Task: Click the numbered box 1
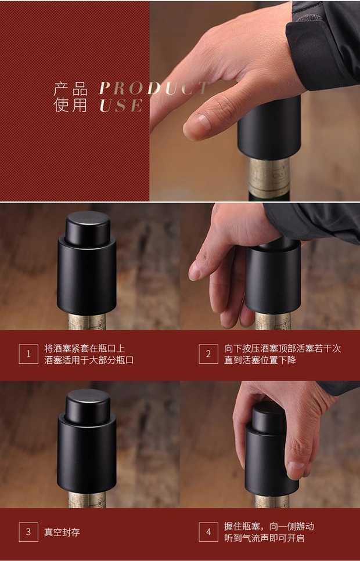tap(28, 354)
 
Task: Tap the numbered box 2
tap(208, 354)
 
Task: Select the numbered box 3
tap(28, 532)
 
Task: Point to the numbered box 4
tap(208, 532)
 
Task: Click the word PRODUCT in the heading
tap(154, 88)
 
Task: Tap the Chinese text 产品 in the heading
tap(70, 89)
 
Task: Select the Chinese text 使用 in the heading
tap(70, 106)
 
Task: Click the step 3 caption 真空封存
tap(62, 533)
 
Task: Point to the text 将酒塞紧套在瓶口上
tap(85, 348)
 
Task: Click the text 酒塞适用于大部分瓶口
tap(89, 360)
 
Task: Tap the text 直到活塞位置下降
tap(260, 360)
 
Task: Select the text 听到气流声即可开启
tap(264, 538)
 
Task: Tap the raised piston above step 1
tap(88, 223)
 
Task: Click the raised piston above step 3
tap(88, 401)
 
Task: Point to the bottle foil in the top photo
tap(269, 176)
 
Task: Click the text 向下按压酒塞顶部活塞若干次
tap(283, 348)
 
